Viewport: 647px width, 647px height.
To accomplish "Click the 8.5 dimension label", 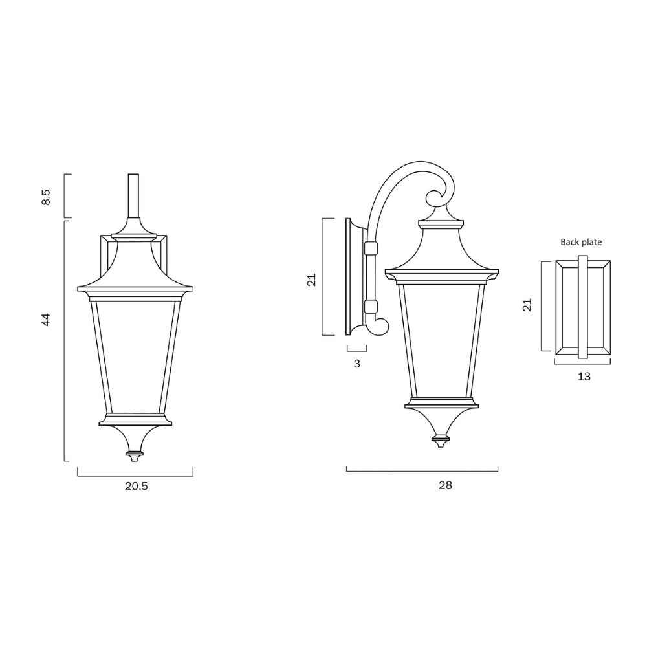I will pos(46,197).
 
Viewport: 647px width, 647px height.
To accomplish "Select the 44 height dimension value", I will pos(46,319).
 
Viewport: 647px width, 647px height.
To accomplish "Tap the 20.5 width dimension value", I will pos(137,487).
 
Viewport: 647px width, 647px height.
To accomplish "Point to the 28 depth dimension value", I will pos(445,485).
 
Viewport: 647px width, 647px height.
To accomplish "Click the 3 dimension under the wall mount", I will pos(357,364).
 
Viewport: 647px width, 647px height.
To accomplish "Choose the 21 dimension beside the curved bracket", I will pos(311,280).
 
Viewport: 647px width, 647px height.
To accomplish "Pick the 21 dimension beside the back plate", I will pos(527,305).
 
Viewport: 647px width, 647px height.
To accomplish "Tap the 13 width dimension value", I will pos(584,377).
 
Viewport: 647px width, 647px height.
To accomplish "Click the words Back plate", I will pos(581,243).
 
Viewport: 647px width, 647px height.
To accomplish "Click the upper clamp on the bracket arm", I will pos(371,248).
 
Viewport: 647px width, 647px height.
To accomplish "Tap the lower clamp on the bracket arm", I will pos(371,306).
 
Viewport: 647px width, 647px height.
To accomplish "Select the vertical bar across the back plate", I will pos(582,307).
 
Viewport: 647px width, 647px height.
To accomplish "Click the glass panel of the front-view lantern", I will pos(135,356).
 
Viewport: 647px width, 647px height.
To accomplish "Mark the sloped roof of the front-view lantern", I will pos(135,265).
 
